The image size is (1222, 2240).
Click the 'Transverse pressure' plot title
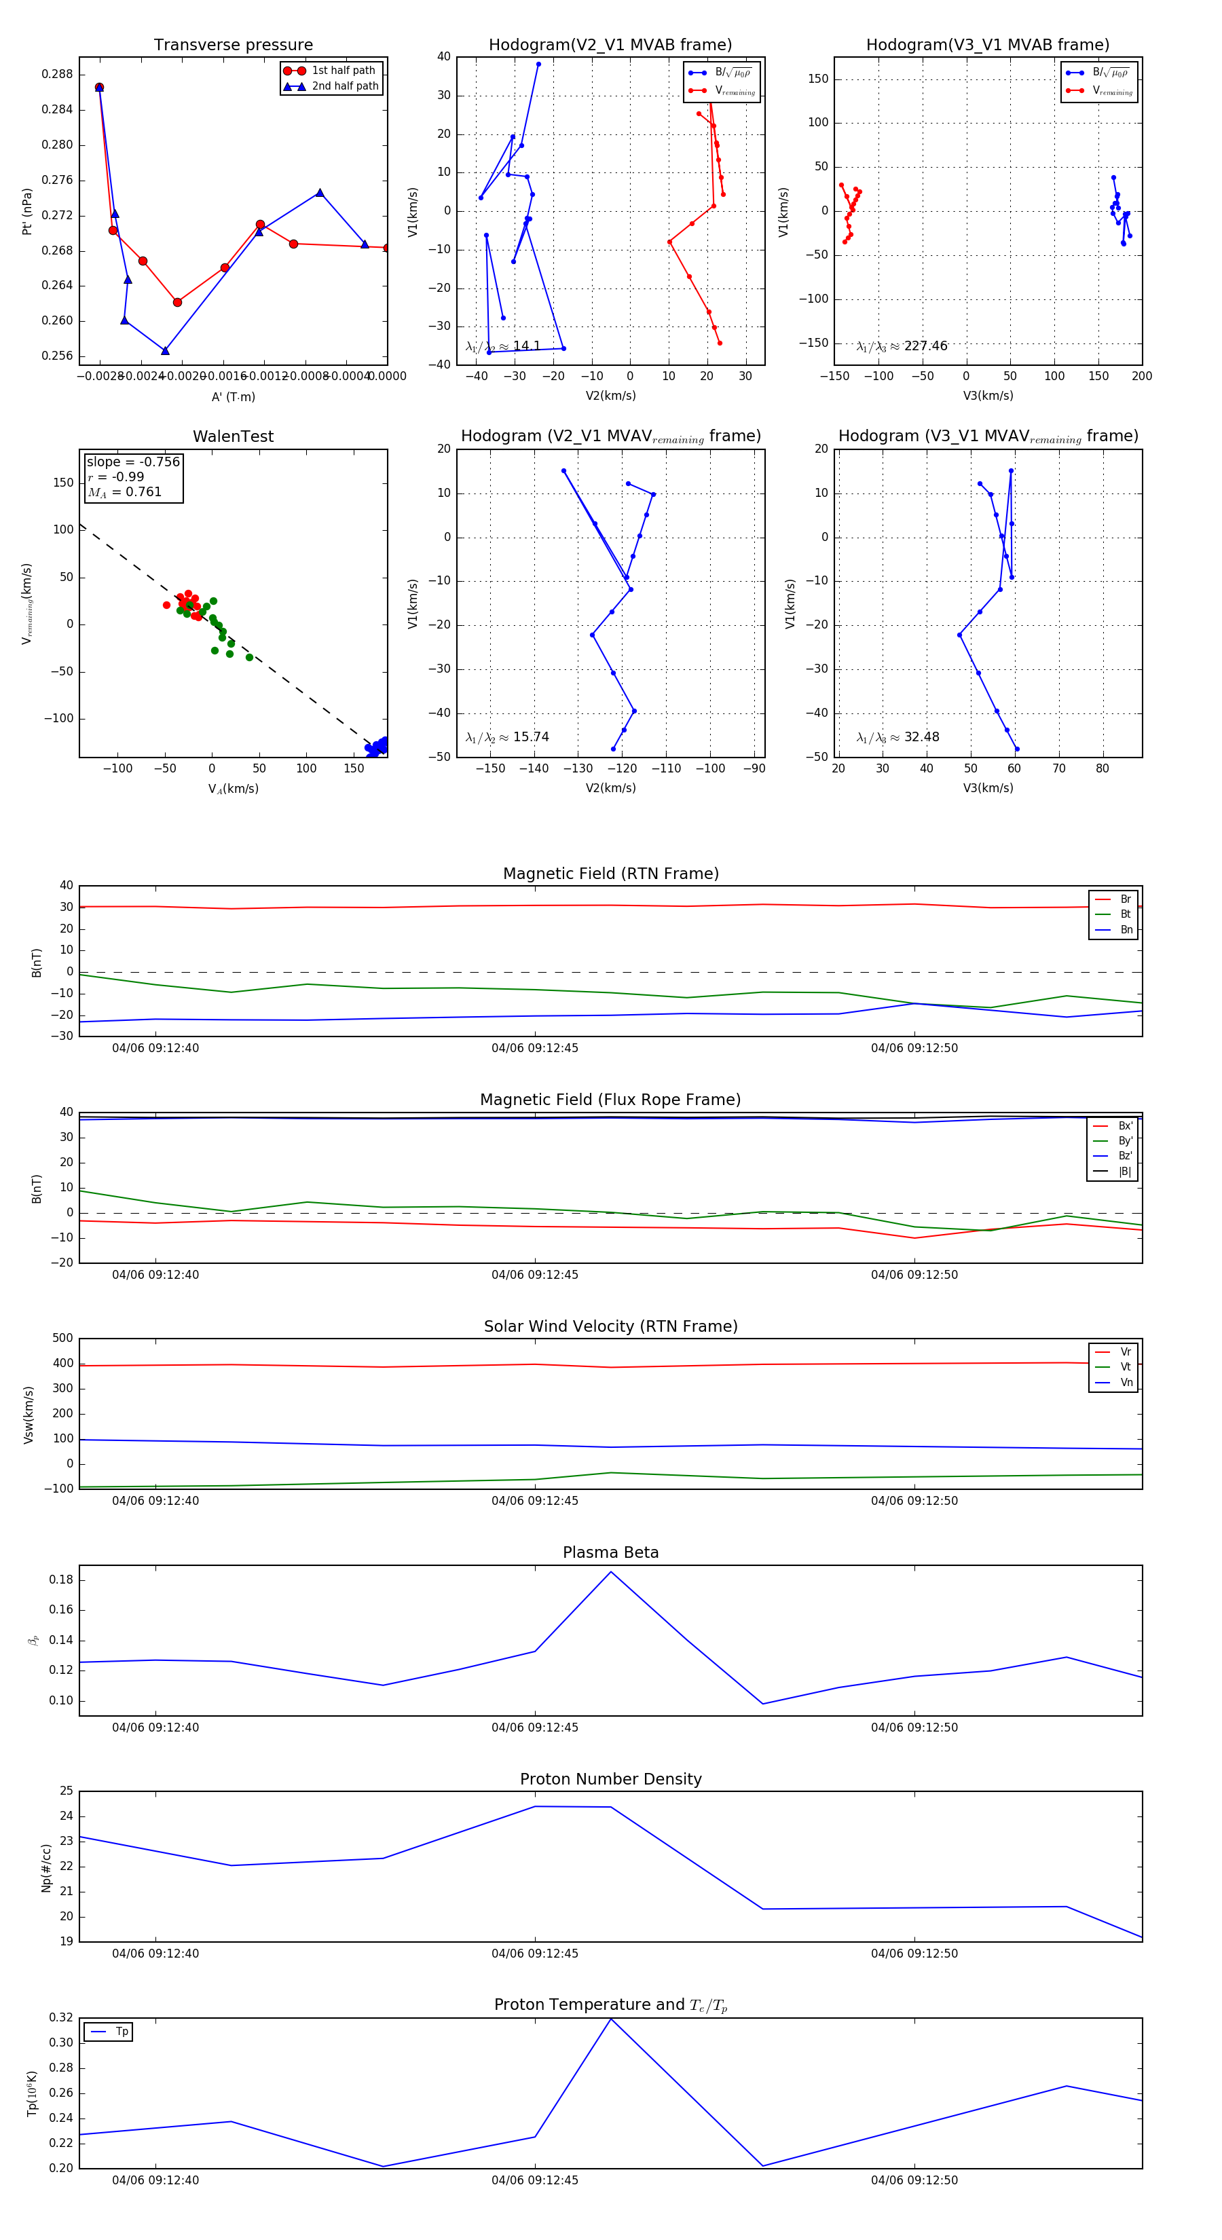(x=233, y=45)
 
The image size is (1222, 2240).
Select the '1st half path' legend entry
(x=343, y=71)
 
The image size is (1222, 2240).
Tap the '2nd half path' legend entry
(x=344, y=86)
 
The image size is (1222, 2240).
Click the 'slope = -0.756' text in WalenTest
(x=133, y=462)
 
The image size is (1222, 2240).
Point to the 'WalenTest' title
(x=233, y=436)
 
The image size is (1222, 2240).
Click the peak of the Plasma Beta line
(x=610, y=1571)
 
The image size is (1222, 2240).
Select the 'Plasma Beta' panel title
(x=610, y=1552)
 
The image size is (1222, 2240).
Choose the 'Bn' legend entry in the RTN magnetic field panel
(x=1126, y=929)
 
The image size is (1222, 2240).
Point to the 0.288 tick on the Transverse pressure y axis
(x=58, y=74)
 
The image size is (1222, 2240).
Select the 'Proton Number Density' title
(x=610, y=1778)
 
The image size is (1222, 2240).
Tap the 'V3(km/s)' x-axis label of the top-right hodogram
(x=988, y=396)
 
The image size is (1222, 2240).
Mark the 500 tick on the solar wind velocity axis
(x=62, y=1339)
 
